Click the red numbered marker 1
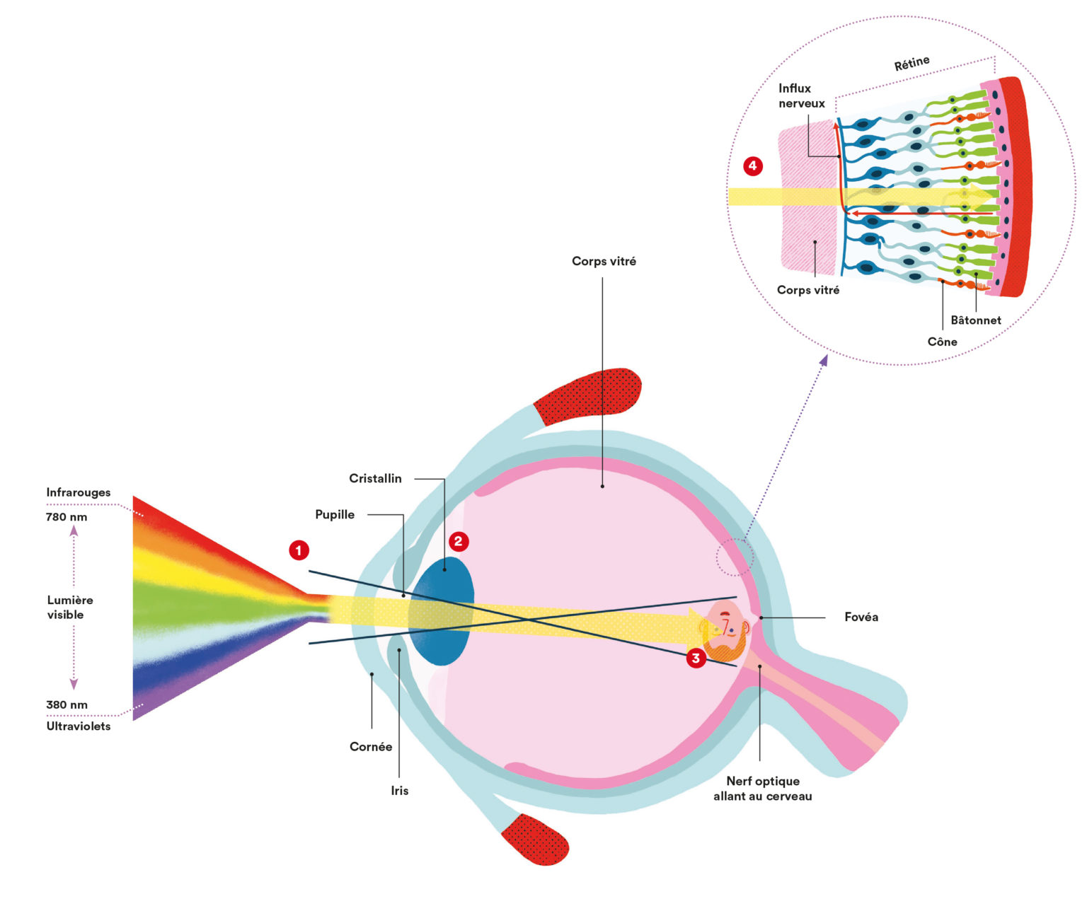click(299, 550)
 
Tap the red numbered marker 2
click(459, 542)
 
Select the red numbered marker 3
click(696, 658)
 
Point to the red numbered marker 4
click(753, 167)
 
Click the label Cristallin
click(375, 479)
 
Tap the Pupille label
click(335, 515)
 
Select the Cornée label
click(371, 747)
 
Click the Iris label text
click(400, 791)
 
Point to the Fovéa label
click(861, 617)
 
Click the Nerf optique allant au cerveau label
click(763, 789)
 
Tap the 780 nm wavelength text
click(67, 517)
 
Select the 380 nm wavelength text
click(67, 705)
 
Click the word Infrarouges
click(79, 493)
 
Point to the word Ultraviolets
click(79, 726)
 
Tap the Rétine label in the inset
click(911, 64)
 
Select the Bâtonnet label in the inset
click(976, 320)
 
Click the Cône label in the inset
click(943, 342)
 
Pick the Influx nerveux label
click(801, 96)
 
